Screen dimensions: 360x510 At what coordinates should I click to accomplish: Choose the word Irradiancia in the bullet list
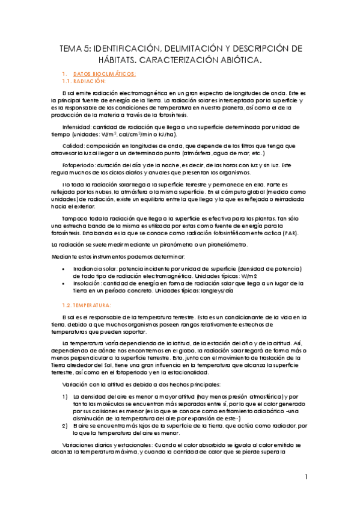[x=88, y=268]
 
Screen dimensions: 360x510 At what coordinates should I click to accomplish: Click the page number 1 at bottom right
[x=307, y=477]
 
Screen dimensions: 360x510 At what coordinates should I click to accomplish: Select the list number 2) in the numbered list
[x=65, y=425]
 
